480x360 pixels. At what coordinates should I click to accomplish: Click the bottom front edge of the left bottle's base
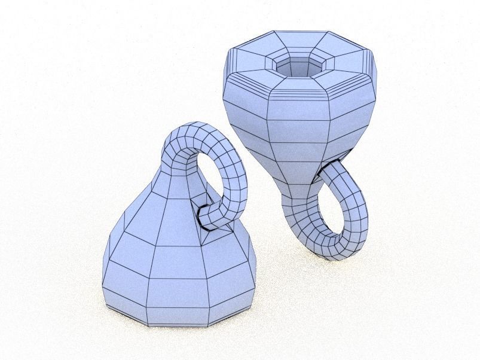coord(179,323)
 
